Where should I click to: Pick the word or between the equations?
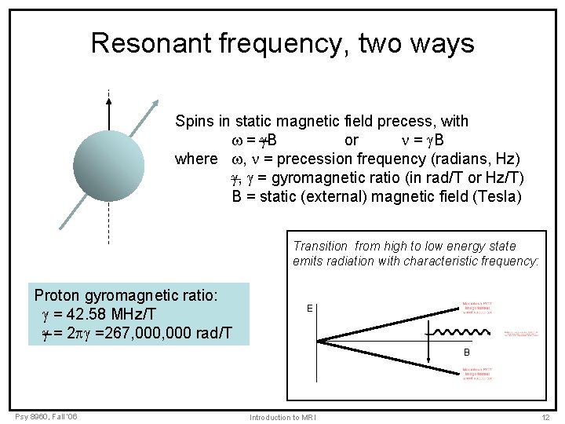point(352,140)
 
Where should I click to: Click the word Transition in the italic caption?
point(321,247)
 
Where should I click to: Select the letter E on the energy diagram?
point(310,309)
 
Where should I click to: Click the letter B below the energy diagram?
point(466,353)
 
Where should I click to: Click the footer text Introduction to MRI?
point(282,417)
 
